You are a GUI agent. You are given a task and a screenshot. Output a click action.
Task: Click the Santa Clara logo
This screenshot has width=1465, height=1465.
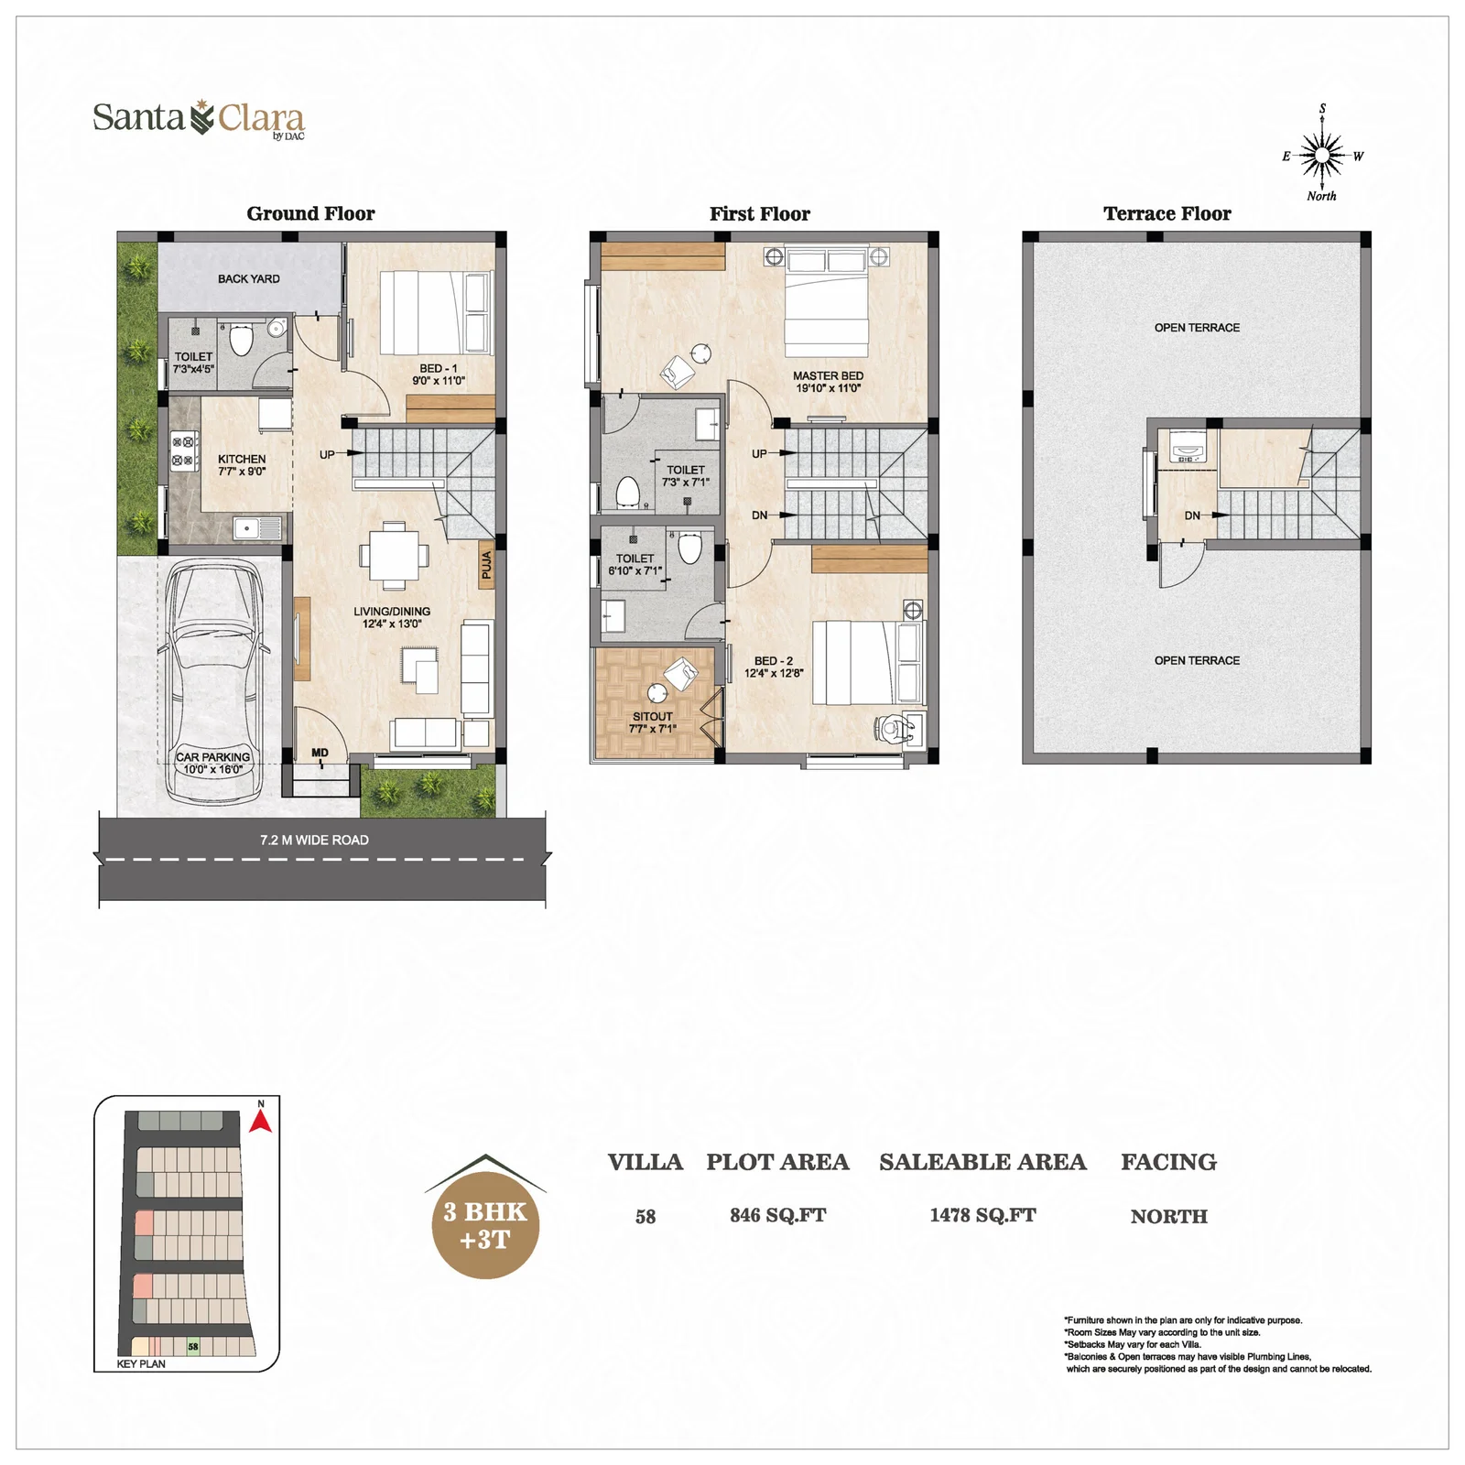point(199,119)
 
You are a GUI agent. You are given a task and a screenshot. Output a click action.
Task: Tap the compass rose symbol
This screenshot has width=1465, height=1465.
point(1322,155)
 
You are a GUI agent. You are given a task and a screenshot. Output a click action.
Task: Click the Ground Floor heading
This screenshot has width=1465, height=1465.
point(310,213)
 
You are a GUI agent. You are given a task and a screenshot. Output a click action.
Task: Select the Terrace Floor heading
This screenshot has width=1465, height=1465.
point(1167,213)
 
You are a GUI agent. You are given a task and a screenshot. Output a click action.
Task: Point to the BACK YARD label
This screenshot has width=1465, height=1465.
point(249,278)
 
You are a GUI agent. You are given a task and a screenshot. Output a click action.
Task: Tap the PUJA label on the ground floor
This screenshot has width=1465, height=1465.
point(486,565)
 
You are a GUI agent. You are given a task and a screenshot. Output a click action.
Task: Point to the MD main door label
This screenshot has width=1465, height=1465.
point(320,753)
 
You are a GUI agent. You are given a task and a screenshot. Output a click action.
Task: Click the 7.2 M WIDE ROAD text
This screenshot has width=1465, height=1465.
point(314,840)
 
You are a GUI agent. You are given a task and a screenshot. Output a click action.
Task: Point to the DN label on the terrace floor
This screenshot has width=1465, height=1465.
point(1192,515)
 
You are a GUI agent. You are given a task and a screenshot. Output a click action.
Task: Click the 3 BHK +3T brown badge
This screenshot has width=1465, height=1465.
point(485,1224)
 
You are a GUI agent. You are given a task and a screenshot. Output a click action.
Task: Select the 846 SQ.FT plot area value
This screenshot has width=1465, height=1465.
point(777,1215)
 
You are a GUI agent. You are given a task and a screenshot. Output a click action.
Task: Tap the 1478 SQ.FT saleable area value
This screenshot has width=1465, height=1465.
point(982,1215)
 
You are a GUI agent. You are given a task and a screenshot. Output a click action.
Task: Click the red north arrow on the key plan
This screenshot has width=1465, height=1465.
point(261,1121)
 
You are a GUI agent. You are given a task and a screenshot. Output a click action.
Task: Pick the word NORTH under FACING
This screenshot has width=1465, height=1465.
point(1168,1216)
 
